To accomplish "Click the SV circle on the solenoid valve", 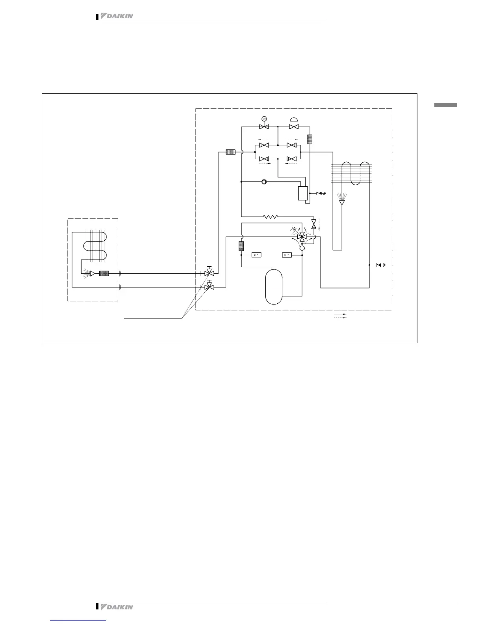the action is tap(264, 119).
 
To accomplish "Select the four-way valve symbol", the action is tap(302, 237).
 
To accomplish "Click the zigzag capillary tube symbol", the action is tap(271, 216).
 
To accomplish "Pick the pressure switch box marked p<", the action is tap(256, 255).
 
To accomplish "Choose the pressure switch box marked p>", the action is tap(286, 255).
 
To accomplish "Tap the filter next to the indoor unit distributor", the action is tap(104, 273).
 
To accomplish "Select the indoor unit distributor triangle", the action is tap(93, 273).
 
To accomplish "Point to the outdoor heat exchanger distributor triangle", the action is tap(342, 202).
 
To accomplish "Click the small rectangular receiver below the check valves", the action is tap(303, 193).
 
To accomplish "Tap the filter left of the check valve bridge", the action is tap(231, 152).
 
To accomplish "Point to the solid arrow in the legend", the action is tap(340, 315).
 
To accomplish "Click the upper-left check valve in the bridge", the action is tap(264, 145).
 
